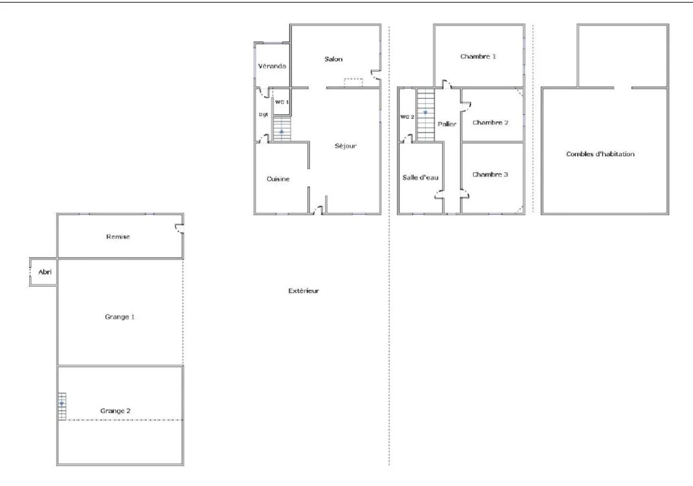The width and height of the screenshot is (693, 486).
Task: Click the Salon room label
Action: click(x=333, y=59)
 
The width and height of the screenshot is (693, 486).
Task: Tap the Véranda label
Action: click(x=272, y=66)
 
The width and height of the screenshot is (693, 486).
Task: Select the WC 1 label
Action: click(x=282, y=102)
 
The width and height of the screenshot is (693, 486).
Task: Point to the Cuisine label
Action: click(x=278, y=178)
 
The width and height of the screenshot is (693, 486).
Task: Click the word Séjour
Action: click(x=346, y=146)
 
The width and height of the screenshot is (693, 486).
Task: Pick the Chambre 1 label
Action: click(x=478, y=57)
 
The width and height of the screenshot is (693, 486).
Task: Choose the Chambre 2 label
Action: click(x=490, y=123)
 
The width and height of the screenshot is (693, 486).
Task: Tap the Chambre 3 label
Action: click(x=490, y=175)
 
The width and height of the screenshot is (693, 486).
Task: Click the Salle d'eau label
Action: click(x=420, y=178)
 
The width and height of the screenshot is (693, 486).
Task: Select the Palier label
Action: click(x=447, y=124)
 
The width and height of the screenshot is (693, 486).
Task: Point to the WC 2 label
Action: click(x=407, y=117)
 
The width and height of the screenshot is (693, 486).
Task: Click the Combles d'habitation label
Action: click(x=600, y=154)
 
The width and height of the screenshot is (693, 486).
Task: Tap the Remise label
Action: click(x=118, y=237)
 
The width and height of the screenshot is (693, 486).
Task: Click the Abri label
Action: click(x=45, y=272)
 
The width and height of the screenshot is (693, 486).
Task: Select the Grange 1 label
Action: click(x=120, y=317)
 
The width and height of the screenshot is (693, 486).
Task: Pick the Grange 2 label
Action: click(x=115, y=411)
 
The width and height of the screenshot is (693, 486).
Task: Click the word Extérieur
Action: click(x=304, y=291)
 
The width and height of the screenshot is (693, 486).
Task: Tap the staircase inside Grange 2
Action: click(x=62, y=406)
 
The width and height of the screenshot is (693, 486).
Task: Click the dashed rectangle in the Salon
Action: click(x=353, y=82)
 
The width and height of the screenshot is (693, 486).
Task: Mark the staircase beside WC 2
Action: click(x=426, y=115)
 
